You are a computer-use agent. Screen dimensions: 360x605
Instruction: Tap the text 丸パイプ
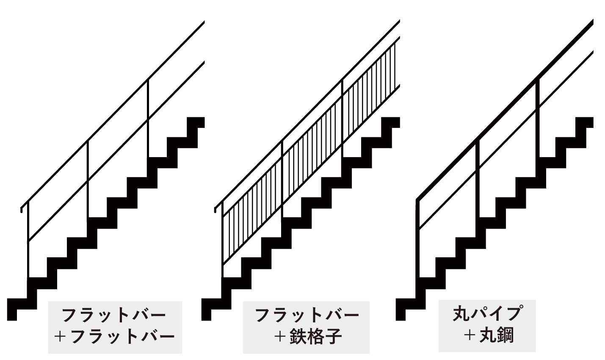[x=487, y=314]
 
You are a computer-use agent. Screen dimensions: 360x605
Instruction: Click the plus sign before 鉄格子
[x=279, y=337]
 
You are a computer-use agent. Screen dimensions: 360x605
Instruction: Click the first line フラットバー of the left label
[x=114, y=315]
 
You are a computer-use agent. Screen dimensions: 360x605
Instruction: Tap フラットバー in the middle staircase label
[x=307, y=315]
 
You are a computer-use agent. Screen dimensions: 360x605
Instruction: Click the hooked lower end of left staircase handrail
[x=22, y=209]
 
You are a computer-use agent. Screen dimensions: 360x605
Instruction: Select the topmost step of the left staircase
[x=196, y=122]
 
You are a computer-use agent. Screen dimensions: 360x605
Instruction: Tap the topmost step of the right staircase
[x=584, y=122]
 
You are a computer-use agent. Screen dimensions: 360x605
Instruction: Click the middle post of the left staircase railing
[x=88, y=180]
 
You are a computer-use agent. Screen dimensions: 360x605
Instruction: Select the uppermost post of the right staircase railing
[x=538, y=119]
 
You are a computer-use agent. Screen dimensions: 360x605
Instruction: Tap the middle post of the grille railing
[x=282, y=178]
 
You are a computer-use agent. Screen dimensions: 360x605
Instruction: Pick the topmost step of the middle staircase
[x=390, y=122]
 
